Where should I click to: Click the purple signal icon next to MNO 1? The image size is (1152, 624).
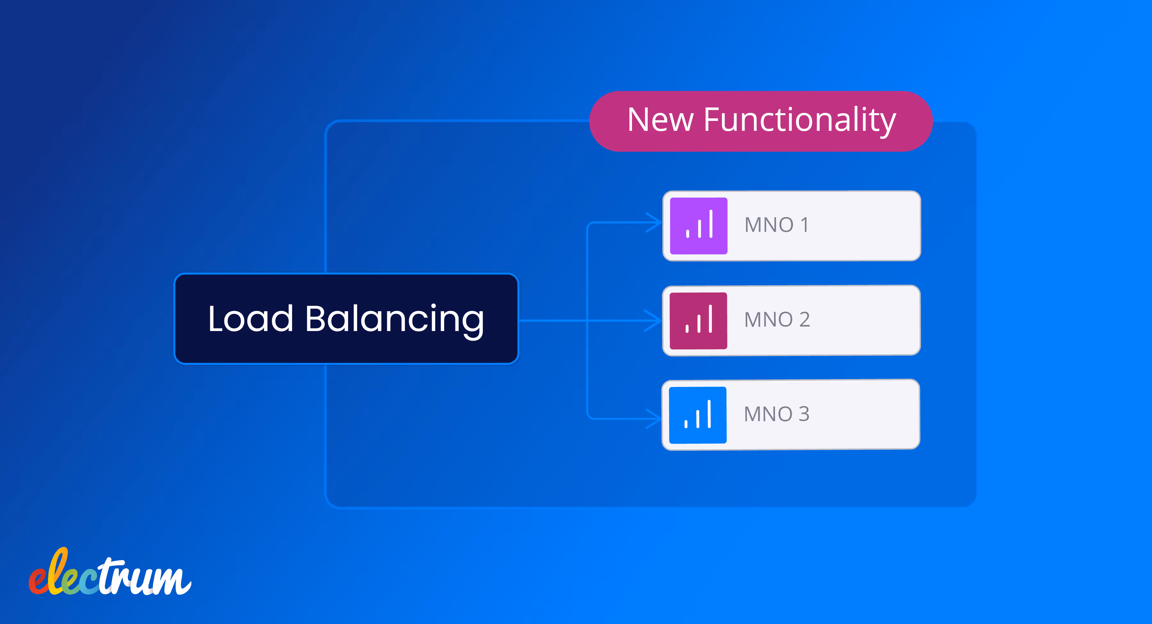699,226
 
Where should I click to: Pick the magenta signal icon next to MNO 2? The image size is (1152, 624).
698,320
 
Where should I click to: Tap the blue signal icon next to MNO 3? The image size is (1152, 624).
697,415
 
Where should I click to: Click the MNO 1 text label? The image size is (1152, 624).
776,225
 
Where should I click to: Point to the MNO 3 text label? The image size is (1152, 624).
776,414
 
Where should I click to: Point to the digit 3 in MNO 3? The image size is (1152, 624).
804,414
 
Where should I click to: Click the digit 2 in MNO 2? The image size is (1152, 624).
804,320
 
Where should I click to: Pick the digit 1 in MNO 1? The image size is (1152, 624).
804,225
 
